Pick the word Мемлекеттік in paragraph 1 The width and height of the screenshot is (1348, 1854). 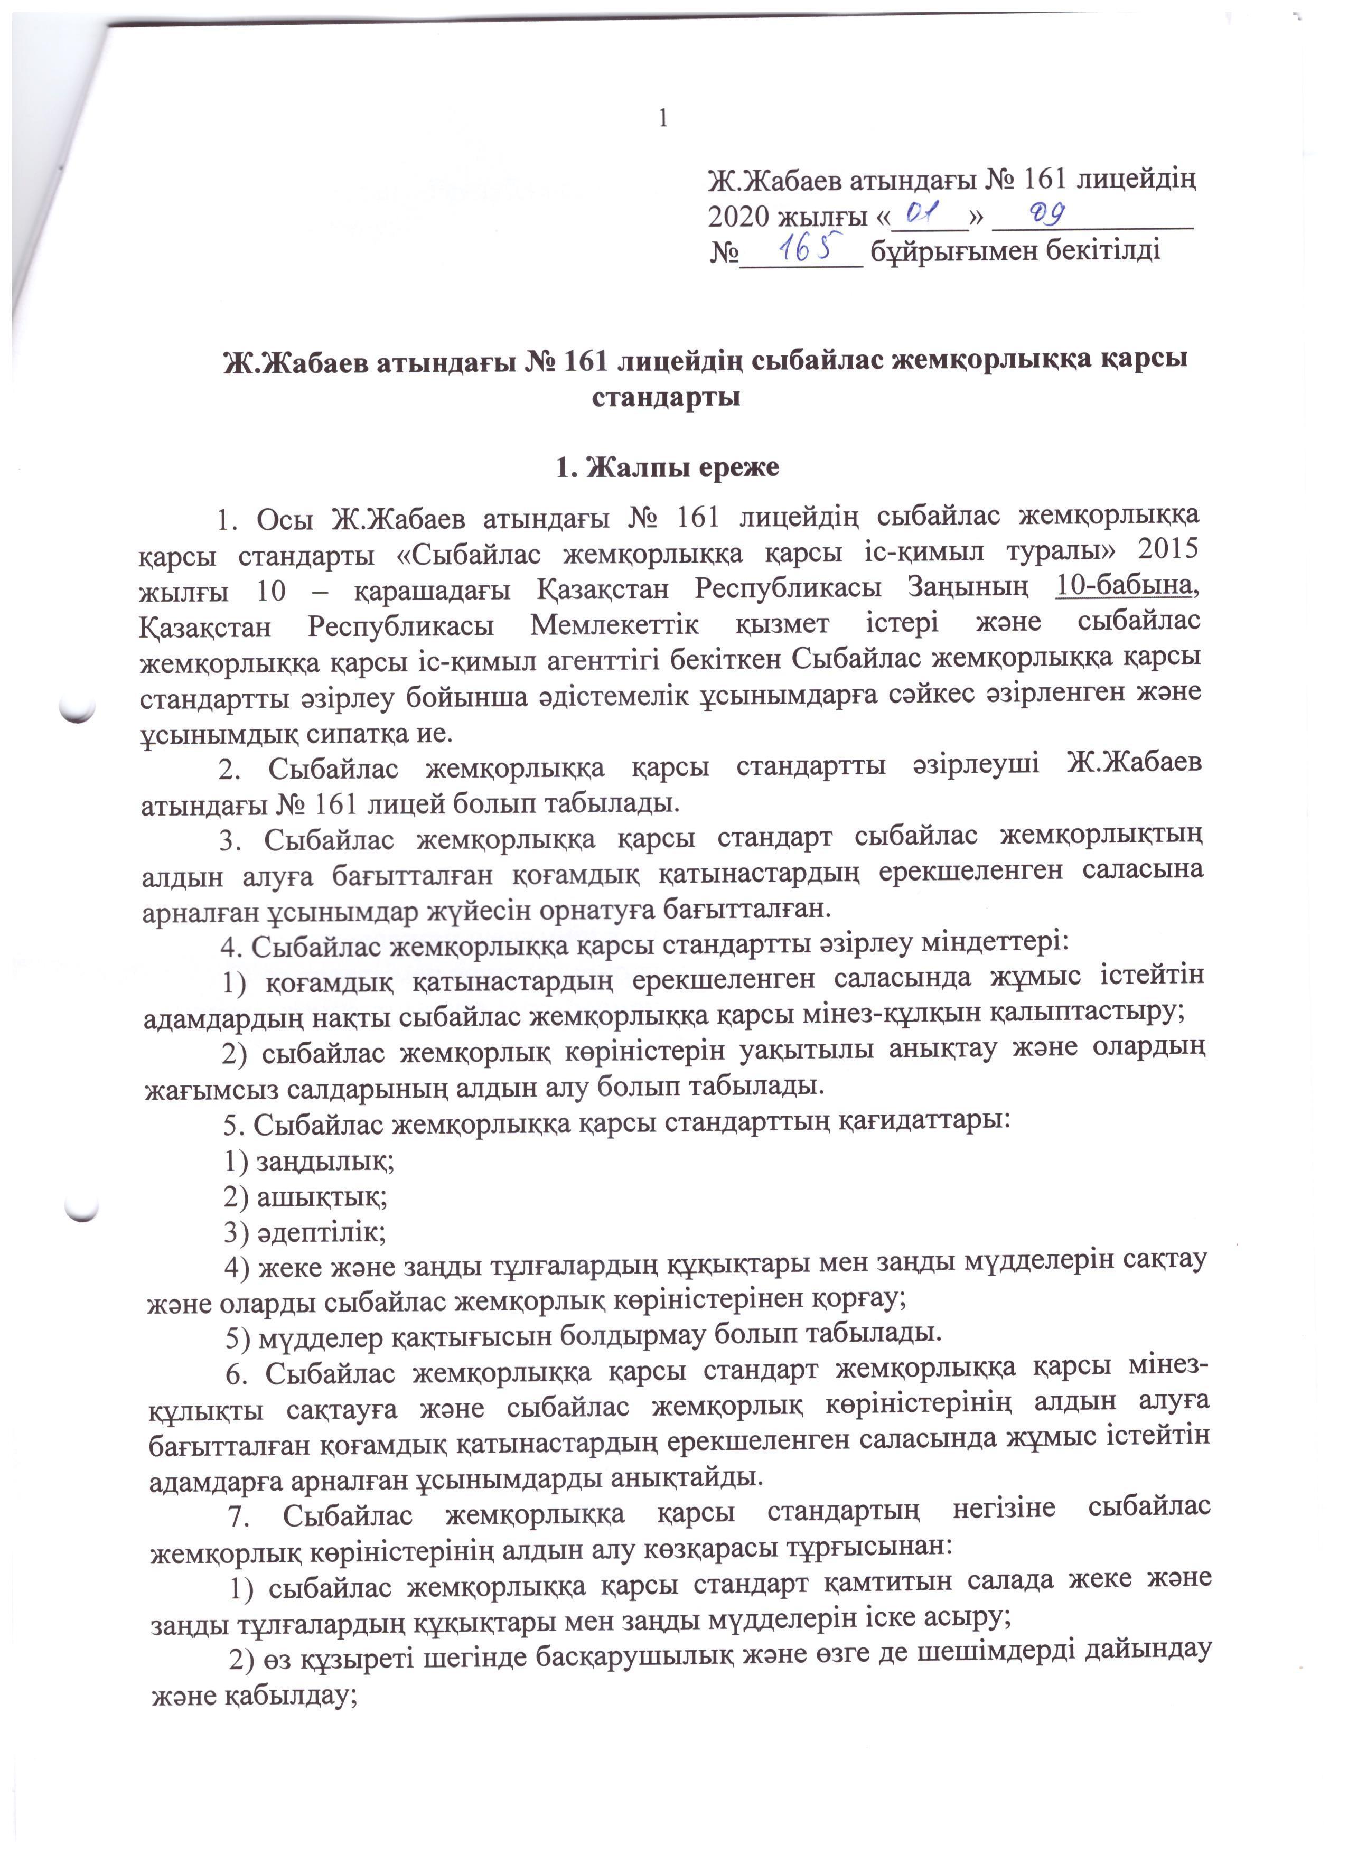point(615,625)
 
